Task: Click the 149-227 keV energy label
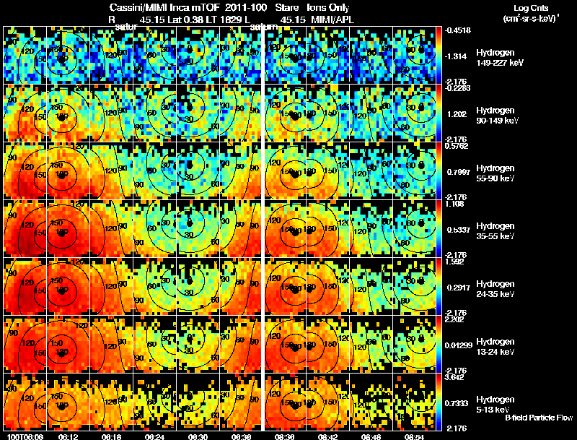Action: [x=503, y=63]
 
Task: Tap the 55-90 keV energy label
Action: [x=498, y=178]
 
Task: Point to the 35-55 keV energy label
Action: [x=498, y=236]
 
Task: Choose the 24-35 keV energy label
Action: [x=498, y=294]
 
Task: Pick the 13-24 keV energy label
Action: [x=498, y=352]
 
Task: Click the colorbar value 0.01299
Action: [x=461, y=345]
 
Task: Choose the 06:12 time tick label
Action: [x=68, y=436]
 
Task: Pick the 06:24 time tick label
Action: [x=156, y=436]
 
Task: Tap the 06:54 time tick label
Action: [x=413, y=436]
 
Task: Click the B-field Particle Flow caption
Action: [x=539, y=418]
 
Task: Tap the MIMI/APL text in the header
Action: [x=334, y=17]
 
